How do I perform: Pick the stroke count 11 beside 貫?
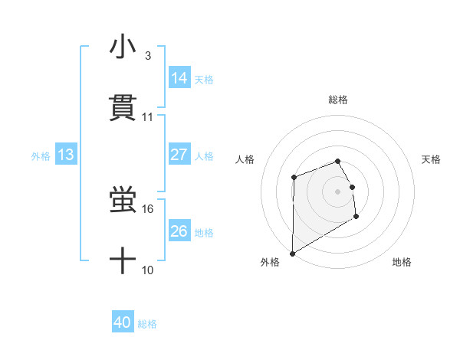pyautogui.click(x=148, y=116)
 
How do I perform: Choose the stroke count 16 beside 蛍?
pyautogui.click(x=148, y=208)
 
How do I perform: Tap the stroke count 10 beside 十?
pyautogui.click(x=148, y=270)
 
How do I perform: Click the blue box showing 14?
pyautogui.click(x=179, y=77)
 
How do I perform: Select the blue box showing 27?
pyautogui.click(x=179, y=155)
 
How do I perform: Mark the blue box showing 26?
pyautogui.click(x=179, y=231)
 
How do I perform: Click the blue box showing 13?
pyautogui.click(x=66, y=155)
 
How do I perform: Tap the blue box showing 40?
pyautogui.click(x=123, y=323)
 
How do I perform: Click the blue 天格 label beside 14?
pyautogui.click(x=204, y=79)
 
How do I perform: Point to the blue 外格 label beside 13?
pyautogui.click(x=41, y=156)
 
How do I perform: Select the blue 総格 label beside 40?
pyautogui.click(x=147, y=325)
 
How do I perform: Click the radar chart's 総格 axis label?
pyautogui.click(x=338, y=100)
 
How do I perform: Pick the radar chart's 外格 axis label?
pyautogui.click(x=270, y=262)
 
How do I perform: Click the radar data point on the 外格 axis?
pyautogui.click(x=293, y=253)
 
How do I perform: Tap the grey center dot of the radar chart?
pyautogui.click(x=337, y=191)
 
